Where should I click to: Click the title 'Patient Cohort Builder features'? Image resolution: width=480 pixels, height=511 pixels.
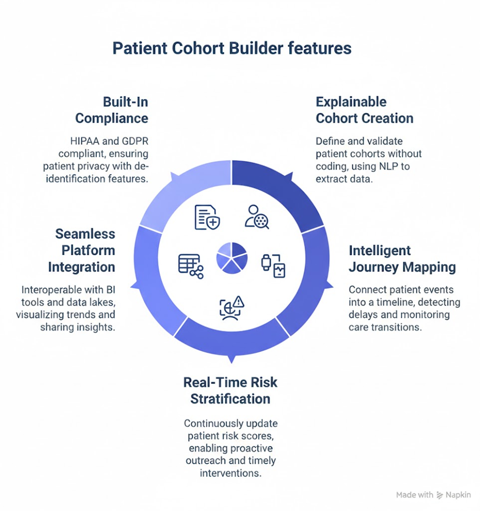coord(232,48)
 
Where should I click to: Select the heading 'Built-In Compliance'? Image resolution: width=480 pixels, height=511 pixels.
coord(111,110)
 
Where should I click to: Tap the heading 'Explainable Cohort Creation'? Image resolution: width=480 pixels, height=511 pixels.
coord(364,110)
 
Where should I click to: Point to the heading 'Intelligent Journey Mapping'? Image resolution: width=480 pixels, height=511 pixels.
coord(402,259)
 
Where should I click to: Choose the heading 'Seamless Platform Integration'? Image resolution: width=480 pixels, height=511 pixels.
coord(82,250)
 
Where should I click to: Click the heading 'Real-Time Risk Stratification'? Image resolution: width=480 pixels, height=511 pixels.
coord(230,391)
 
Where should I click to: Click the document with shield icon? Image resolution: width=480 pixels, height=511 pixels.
coord(207,217)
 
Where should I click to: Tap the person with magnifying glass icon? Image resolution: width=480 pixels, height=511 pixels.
coord(257,217)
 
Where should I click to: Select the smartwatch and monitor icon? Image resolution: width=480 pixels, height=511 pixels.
coord(273,266)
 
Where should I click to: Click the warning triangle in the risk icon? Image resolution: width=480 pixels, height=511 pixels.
coord(238,302)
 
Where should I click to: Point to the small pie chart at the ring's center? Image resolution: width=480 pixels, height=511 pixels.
coord(232,258)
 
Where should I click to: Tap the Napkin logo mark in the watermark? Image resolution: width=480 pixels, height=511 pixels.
coord(440,495)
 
